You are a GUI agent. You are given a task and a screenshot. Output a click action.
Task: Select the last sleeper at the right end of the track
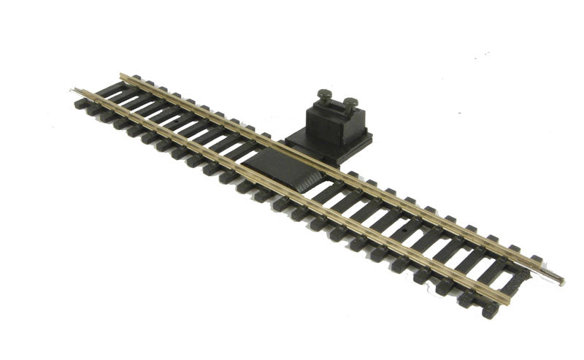coord(504,297)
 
